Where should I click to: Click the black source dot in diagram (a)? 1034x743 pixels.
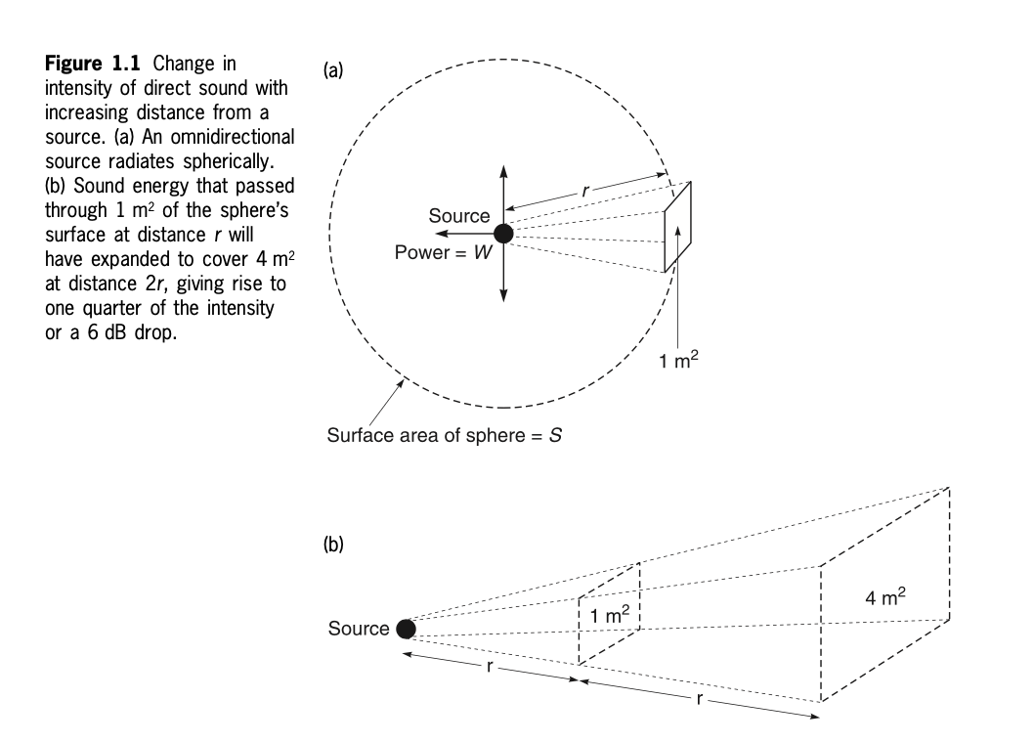(x=503, y=234)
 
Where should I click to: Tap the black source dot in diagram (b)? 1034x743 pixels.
(x=405, y=629)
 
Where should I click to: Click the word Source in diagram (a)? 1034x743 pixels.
(x=459, y=215)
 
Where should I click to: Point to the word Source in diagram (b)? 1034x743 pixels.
(x=359, y=629)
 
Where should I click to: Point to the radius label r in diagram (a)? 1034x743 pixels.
(x=584, y=192)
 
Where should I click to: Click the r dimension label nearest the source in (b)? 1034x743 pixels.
(x=488, y=668)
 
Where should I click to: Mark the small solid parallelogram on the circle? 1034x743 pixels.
(x=678, y=226)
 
